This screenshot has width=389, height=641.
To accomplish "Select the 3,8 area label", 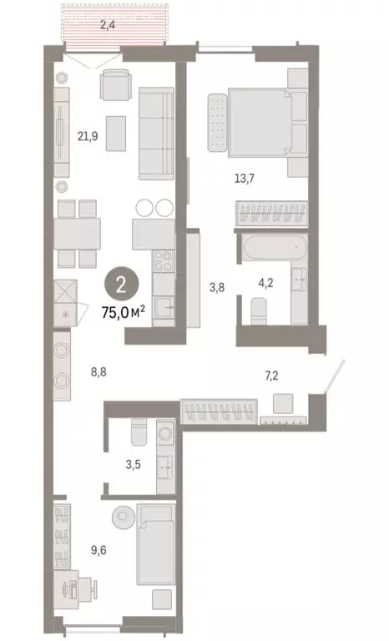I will coord(216,288).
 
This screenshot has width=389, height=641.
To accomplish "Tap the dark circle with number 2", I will coord(121,285).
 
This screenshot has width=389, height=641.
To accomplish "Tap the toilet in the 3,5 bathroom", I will coord(139,432).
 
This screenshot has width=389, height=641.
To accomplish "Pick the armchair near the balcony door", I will coord(115,85).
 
